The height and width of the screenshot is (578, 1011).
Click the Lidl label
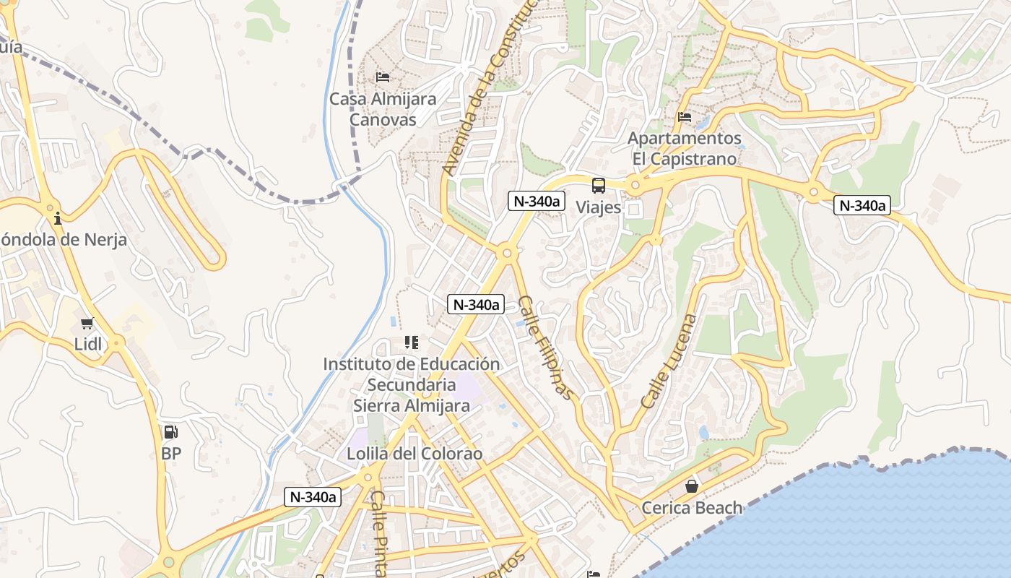(88, 344)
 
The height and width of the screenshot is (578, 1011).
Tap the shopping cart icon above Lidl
(87, 323)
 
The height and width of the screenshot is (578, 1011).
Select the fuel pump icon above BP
(170, 432)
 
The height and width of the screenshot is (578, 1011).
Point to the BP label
(171, 454)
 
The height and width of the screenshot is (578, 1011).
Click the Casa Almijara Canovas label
(383, 109)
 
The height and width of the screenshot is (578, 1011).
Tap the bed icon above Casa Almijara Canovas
(383, 77)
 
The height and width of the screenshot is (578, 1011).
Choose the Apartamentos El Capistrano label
(684, 148)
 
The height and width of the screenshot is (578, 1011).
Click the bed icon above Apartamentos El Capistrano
(685, 116)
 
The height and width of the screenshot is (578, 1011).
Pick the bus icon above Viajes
(599, 186)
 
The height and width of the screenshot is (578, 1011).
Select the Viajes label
(598, 207)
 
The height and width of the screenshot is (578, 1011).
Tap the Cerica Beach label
(692, 508)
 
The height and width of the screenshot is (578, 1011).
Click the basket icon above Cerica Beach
(692, 486)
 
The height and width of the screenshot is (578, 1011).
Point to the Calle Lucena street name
(669, 361)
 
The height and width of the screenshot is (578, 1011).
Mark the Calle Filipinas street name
(546, 348)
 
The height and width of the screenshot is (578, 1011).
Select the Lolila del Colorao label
(414, 454)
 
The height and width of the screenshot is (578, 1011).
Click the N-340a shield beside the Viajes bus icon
(536, 201)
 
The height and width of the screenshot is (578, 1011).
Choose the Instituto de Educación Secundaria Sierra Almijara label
(412, 384)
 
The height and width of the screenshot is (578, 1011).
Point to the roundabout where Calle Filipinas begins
(507, 253)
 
